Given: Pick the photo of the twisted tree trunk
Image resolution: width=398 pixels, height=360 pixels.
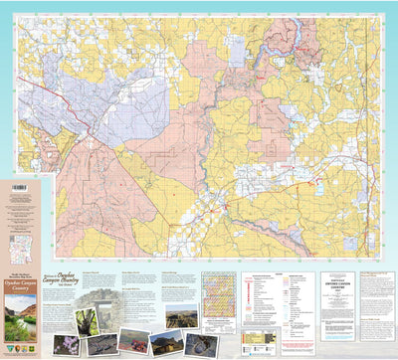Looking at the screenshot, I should click(87, 320).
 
